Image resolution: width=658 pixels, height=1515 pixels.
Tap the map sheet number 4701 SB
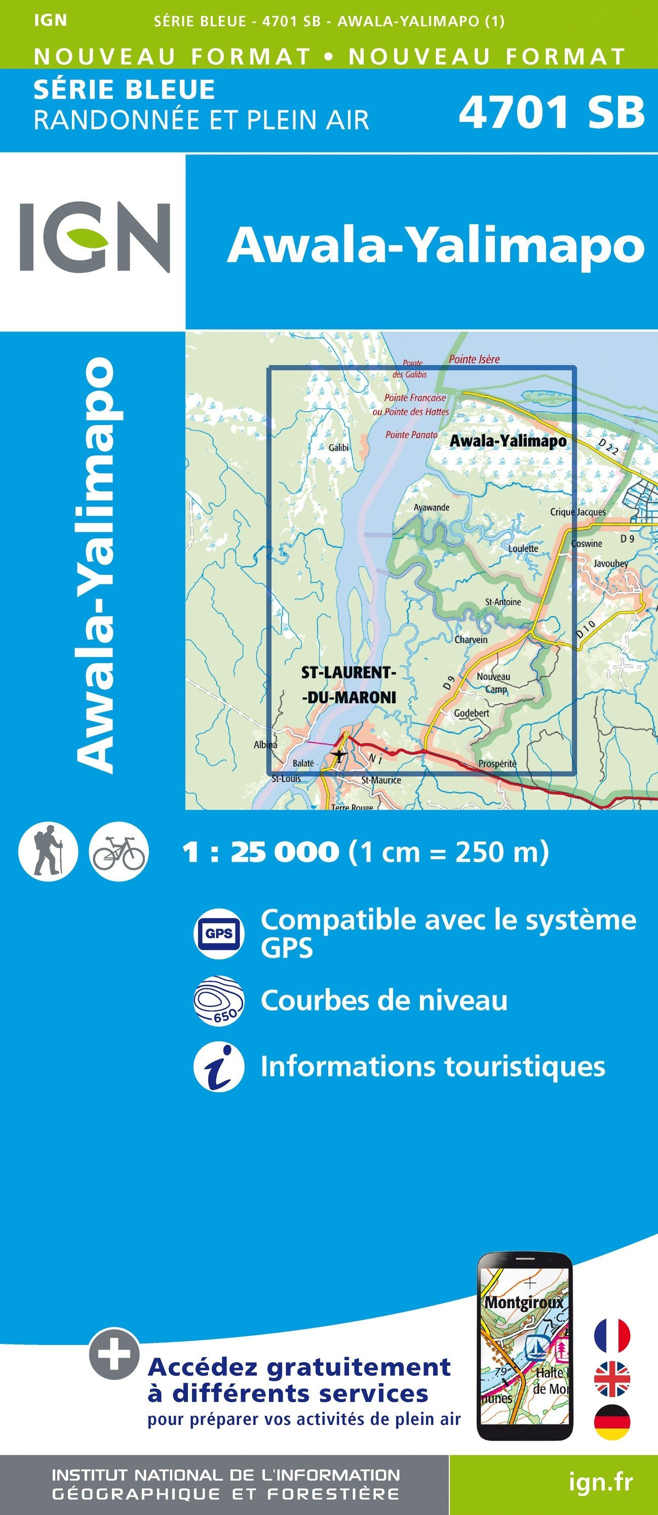pyautogui.click(x=552, y=112)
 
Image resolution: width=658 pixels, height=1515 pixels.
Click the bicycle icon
pyautogui.click(x=119, y=851)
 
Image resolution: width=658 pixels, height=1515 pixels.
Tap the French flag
pyautogui.click(x=612, y=1335)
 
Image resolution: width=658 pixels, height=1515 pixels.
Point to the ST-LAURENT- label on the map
pyautogui.click(x=349, y=672)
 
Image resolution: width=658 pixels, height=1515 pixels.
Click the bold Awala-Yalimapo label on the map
pyautogui.click(x=508, y=441)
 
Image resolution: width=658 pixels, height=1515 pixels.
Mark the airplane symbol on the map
pyautogui.click(x=338, y=753)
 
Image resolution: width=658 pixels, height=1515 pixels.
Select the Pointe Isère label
pyautogui.click(x=474, y=359)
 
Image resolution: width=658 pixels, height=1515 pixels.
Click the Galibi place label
pyautogui.click(x=338, y=447)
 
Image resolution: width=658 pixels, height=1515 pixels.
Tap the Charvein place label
pyautogui.click(x=471, y=639)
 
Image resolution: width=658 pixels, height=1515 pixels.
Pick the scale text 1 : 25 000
pyautogui.click(x=261, y=852)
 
